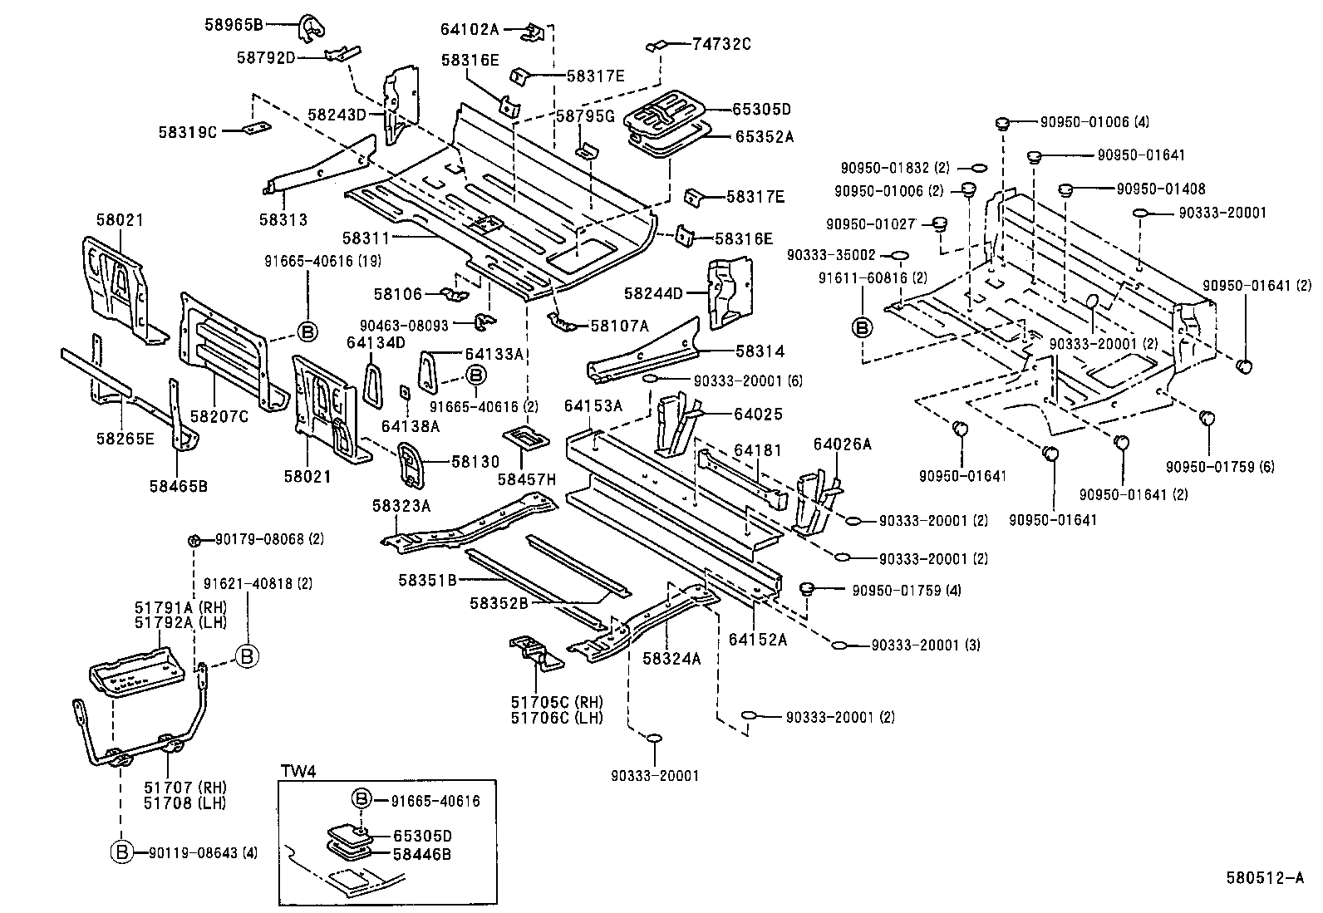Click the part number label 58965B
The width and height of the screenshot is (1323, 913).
click(234, 25)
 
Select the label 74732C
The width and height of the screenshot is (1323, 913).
click(721, 44)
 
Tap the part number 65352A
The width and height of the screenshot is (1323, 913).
click(764, 137)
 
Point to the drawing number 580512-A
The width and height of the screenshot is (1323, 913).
click(1265, 877)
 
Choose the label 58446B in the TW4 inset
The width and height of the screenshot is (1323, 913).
click(421, 853)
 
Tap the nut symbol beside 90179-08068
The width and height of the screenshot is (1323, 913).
click(193, 540)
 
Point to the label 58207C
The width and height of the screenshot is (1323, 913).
click(219, 416)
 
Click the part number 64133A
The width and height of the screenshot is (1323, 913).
click(494, 354)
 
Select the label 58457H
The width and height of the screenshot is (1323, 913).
click(527, 480)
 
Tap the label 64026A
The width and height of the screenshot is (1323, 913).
click(842, 444)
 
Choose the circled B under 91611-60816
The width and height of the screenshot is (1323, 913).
click(863, 327)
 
